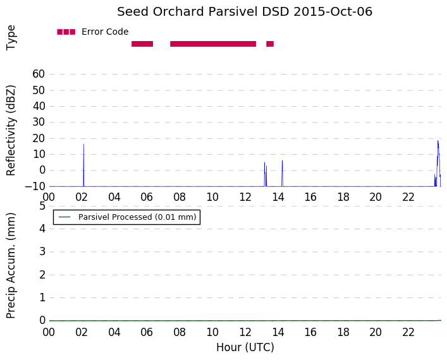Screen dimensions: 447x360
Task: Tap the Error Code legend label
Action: (x=105, y=32)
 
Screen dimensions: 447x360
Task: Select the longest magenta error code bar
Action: (x=213, y=44)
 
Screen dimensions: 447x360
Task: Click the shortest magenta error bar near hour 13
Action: (x=270, y=44)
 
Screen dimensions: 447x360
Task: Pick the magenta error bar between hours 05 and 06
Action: (x=142, y=44)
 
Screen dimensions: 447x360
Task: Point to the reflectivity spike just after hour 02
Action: (x=84, y=165)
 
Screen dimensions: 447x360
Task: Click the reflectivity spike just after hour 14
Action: (x=282, y=174)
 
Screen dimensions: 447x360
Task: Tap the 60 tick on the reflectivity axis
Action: (x=39, y=74)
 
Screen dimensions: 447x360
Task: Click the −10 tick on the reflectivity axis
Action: (x=35, y=186)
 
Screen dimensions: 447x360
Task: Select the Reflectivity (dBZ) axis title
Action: (x=11, y=131)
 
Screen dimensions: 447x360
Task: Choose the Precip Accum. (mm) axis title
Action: (x=11, y=265)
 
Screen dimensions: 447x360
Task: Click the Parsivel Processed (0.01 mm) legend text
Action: (x=137, y=217)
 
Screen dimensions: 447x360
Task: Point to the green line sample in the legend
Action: (x=64, y=217)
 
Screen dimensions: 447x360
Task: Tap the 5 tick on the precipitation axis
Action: (x=42, y=206)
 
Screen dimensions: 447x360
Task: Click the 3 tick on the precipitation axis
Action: (x=42, y=252)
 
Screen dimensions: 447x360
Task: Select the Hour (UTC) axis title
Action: (x=245, y=347)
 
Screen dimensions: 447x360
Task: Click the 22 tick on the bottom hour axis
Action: (x=408, y=332)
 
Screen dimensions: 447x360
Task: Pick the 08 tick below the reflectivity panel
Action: (x=180, y=197)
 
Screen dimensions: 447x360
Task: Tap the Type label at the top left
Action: (x=11, y=38)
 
